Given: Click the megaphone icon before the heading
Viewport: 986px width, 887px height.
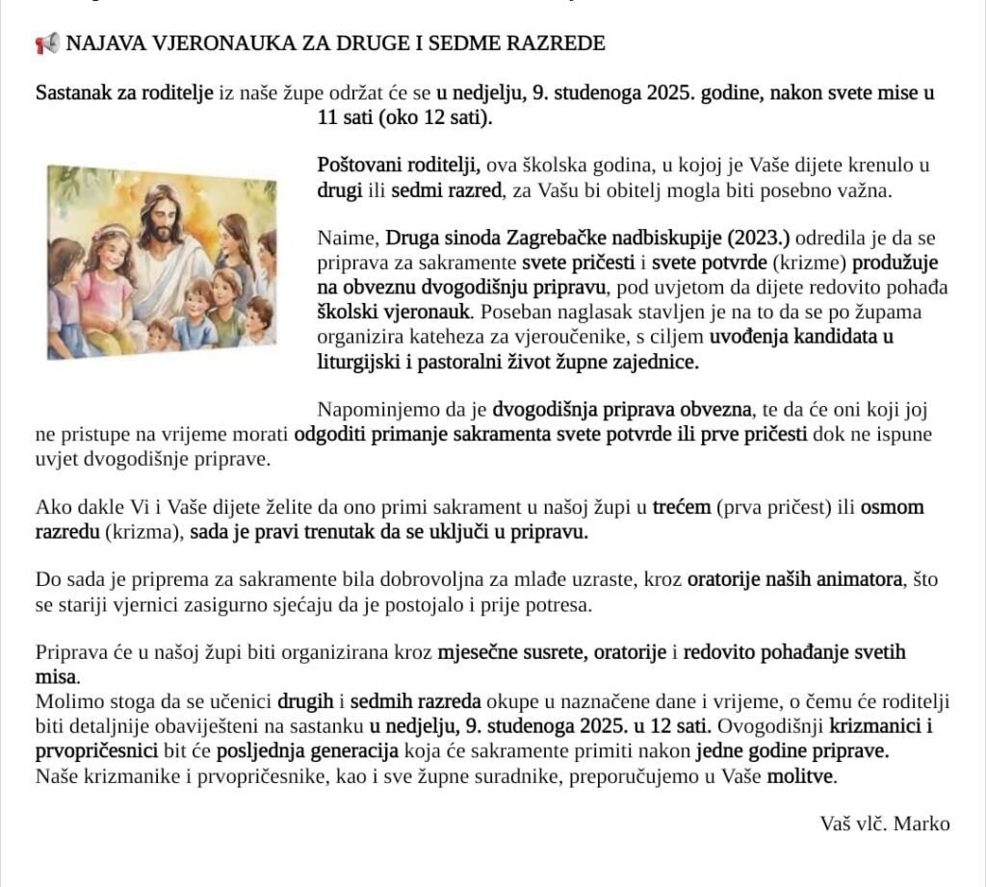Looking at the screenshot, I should pos(47,43).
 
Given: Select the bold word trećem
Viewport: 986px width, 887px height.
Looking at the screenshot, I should pos(682,507).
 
